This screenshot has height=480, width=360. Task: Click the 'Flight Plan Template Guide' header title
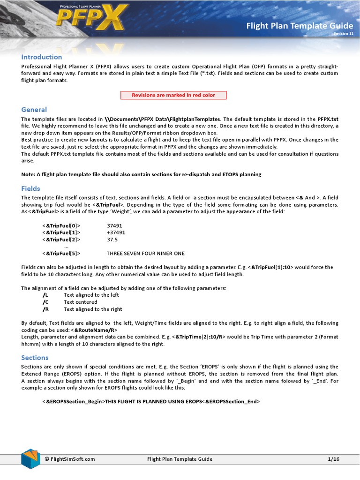pos(300,26)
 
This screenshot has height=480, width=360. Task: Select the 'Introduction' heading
pos(41,57)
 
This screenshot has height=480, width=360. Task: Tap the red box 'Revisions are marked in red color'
pos(173,95)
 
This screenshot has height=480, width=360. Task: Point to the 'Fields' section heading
pos(31,188)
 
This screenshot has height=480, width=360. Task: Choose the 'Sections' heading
pos(35,357)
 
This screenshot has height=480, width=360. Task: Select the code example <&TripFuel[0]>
pos(61,225)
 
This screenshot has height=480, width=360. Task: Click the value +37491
pos(116,232)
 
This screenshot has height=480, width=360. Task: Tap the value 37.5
pos(112,239)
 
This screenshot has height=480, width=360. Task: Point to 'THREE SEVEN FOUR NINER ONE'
pos(145,253)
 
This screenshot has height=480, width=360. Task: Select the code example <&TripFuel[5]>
pos(61,253)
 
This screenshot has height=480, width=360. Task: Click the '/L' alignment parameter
pos(45,295)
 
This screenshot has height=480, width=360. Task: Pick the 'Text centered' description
pos(80,302)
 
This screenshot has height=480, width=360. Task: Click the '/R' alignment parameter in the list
pos(45,309)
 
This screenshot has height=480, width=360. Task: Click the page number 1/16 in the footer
pos(333,459)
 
